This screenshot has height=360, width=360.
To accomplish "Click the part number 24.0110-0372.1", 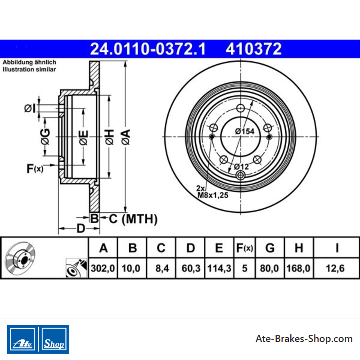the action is (x=148, y=49).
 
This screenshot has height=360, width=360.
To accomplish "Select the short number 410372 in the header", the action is (x=253, y=49).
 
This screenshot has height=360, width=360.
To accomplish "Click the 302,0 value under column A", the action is (x=103, y=268).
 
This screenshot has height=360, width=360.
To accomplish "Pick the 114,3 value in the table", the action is (x=219, y=268).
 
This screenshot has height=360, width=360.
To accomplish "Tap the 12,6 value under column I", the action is (x=335, y=268).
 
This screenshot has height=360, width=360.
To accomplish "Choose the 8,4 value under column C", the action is (x=162, y=268).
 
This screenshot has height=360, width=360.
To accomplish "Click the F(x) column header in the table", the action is (x=244, y=248).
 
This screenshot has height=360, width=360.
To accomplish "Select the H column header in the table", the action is (x=299, y=248).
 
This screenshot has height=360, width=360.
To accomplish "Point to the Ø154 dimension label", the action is (x=245, y=131).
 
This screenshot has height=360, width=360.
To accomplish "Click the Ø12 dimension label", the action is (x=242, y=166).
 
